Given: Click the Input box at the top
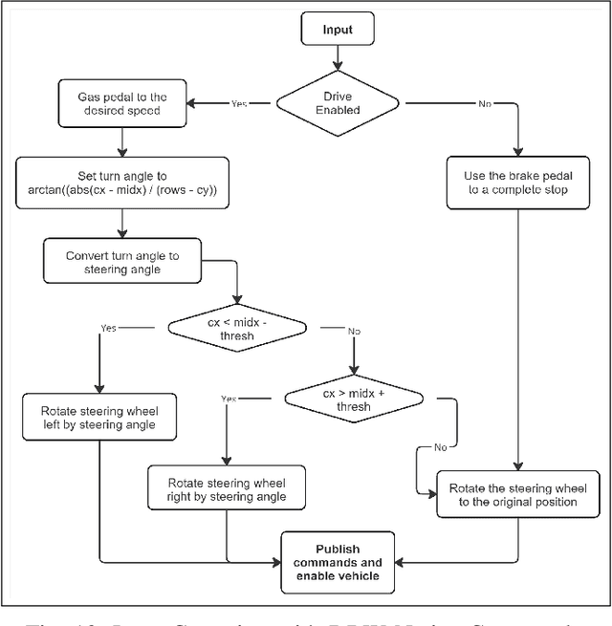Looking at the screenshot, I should (x=336, y=30).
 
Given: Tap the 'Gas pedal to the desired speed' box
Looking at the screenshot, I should (x=121, y=102).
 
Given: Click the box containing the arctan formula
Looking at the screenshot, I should (x=121, y=183).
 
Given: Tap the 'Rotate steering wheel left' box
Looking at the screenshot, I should (x=99, y=418).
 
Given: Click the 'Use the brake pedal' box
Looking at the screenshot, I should (x=517, y=183).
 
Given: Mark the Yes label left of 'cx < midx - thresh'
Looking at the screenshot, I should (x=108, y=328).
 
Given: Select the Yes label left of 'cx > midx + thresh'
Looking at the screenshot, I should (x=229, y=398).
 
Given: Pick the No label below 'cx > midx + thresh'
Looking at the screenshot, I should (x=440, y=445).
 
